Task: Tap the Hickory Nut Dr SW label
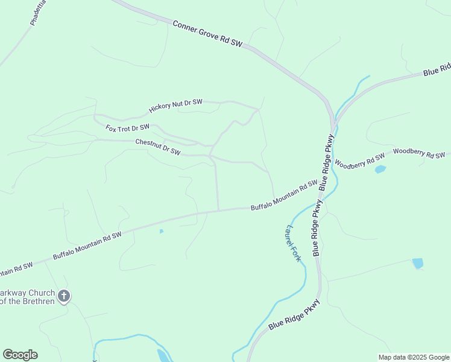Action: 175,107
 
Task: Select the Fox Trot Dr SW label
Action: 127,128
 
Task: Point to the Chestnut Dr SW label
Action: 158,147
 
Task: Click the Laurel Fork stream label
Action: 293,243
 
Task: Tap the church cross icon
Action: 65,296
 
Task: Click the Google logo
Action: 20,355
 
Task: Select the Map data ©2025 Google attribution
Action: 414,357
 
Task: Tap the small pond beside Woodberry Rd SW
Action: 380,170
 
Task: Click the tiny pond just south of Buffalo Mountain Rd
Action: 161,231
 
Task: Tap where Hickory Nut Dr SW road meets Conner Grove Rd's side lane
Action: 259,109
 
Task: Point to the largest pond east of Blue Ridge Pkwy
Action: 417,263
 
